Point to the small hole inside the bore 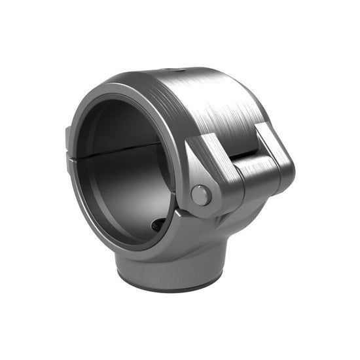(x=158, y=225)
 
